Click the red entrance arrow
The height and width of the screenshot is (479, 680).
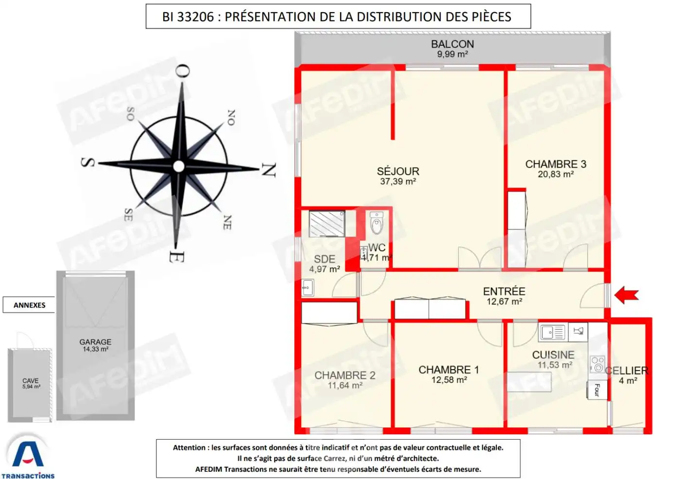[627, 295]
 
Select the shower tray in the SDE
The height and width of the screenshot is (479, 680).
[327, 223]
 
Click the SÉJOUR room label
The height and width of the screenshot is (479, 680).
[398, 171]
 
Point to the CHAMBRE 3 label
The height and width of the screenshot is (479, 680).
[556, 164]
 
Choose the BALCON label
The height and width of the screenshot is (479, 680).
[452, 44]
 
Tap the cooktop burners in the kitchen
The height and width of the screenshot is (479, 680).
[597, 364]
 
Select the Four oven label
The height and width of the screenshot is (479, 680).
[597, 390]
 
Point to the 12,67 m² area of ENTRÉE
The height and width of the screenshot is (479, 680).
[504, 302]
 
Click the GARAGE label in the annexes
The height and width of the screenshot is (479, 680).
[95, 342]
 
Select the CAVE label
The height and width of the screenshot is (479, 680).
[30, 381]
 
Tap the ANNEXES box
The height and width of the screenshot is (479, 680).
[29, 305]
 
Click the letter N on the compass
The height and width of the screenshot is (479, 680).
[269, 170]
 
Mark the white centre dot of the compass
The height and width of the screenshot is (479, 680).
[179, 167]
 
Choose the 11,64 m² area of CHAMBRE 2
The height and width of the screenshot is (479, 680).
[345, 385]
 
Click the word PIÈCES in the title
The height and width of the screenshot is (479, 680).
[491, 17]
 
